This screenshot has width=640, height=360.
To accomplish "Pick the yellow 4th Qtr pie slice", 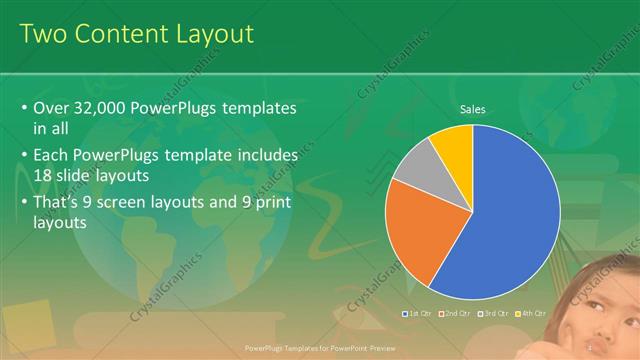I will coord(455,142).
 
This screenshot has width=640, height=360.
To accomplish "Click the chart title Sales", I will coord(472,109).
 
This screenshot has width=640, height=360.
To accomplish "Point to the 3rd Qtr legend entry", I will coord(492,314).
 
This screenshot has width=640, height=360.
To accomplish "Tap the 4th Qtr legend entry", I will coord(530,314).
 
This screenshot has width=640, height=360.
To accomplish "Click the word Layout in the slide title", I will coord(213,34).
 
